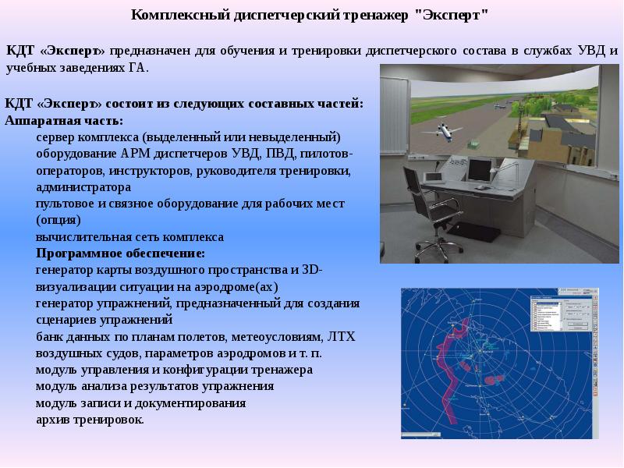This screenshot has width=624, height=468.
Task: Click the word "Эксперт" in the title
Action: coord(452,15)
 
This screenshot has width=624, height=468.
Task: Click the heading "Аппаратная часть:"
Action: coord(64,120)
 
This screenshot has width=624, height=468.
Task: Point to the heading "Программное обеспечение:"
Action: coord(121,253)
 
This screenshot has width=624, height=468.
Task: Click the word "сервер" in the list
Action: coord(55,137)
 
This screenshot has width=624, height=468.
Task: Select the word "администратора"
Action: coord(83,187)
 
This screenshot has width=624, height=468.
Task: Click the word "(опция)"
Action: coord(58,220)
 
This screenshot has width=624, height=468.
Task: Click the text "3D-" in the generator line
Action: coord(313,270)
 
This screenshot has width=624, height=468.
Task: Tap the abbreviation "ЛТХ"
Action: coord(341,337)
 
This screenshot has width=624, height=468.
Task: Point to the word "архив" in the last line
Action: coord(52,420)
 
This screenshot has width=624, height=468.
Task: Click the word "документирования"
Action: coord(190,403)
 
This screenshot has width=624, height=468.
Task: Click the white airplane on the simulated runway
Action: coord(443,132)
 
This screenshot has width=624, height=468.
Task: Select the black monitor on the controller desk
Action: coord(480,170)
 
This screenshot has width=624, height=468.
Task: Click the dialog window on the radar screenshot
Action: coord(547,314)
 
